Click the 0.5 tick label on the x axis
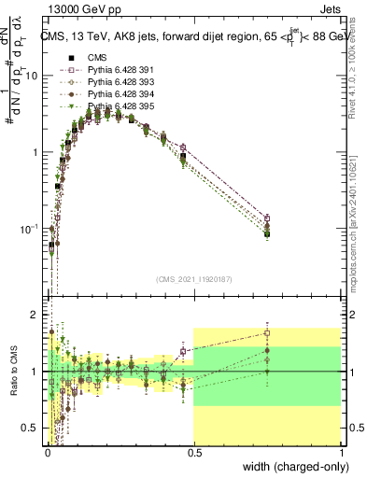(x=194, y=454)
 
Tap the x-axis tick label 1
(x=343, y=454)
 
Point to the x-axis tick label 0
(x=47, y=454)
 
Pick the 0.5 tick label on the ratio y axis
(x=31, y=428)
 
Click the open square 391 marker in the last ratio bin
(x=268, y=332)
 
